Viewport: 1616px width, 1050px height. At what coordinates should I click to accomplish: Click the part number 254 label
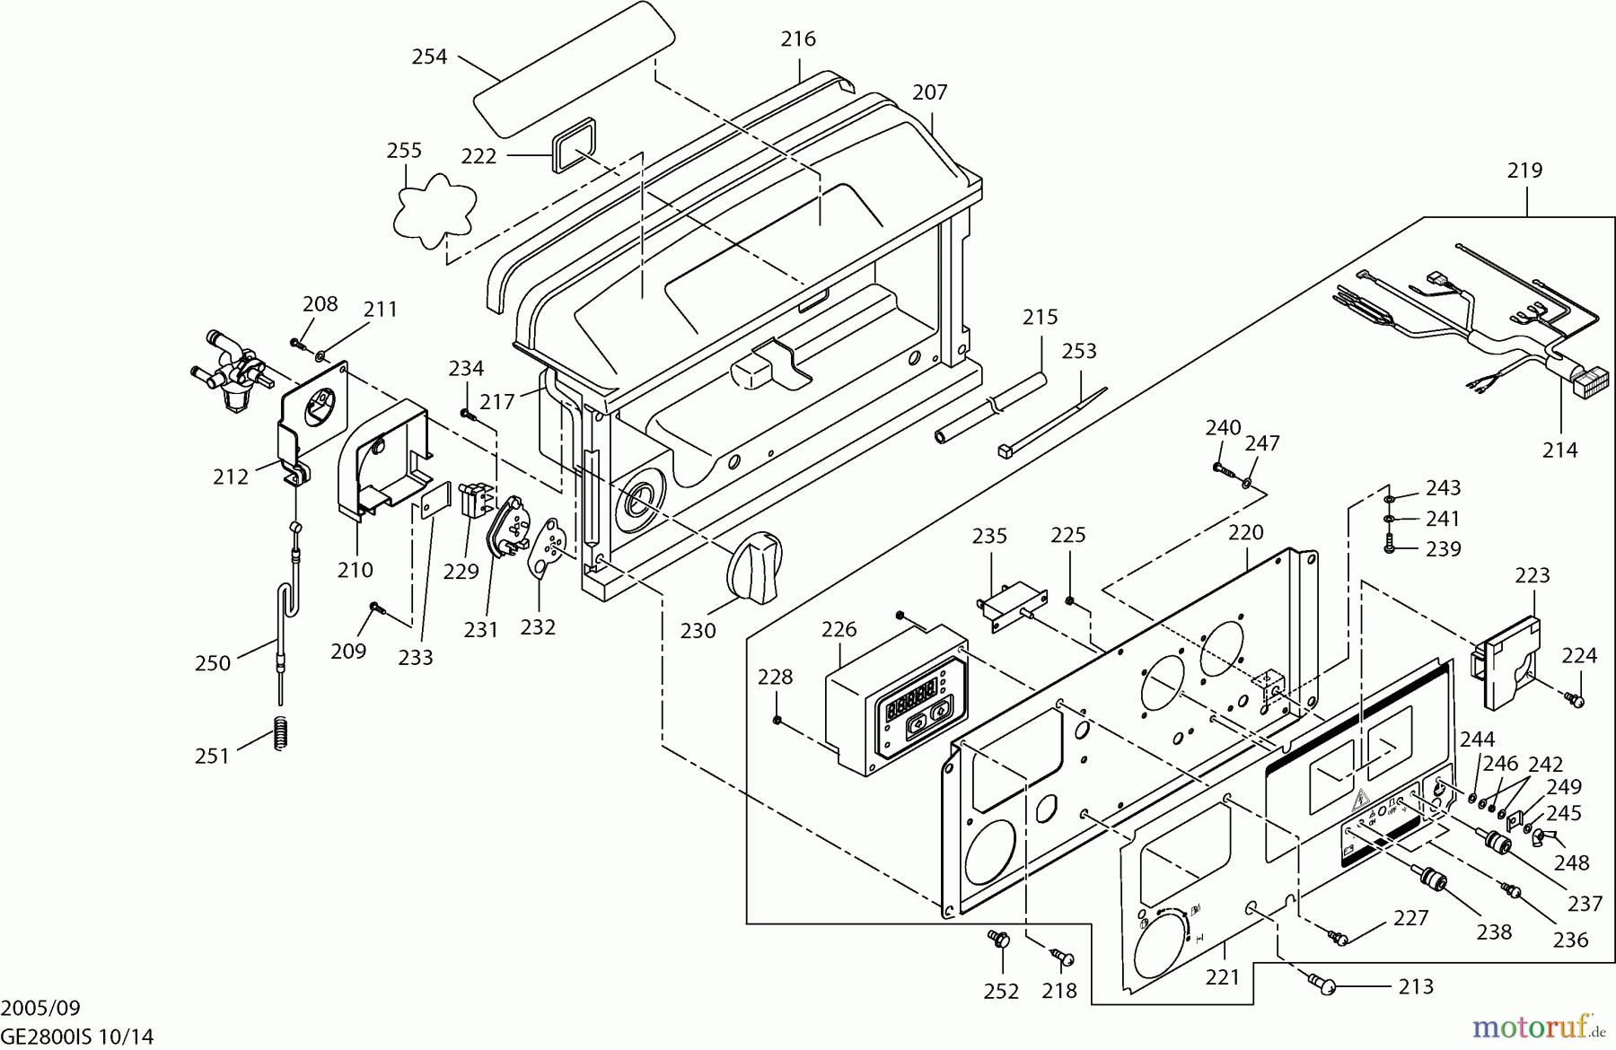429,57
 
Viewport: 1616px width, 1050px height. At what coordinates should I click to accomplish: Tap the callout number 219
1524,170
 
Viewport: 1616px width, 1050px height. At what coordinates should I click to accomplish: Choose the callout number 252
1001,991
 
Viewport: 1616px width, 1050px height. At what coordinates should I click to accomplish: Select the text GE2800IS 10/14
77,1036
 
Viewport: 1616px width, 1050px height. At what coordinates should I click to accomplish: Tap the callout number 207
929,92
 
